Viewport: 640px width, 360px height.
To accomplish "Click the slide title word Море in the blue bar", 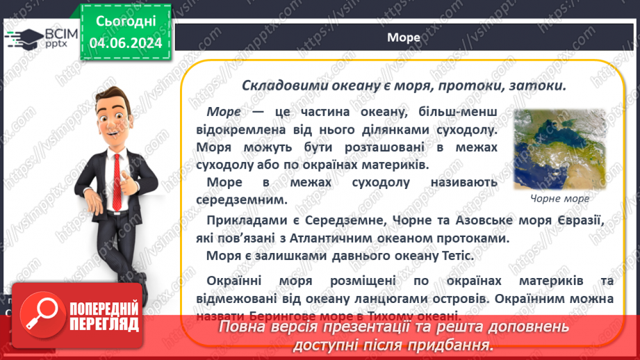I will pyautogui.click(x=404, y=38).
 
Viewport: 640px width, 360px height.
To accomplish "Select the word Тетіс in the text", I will pyautogui.click(x=457, y=255).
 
